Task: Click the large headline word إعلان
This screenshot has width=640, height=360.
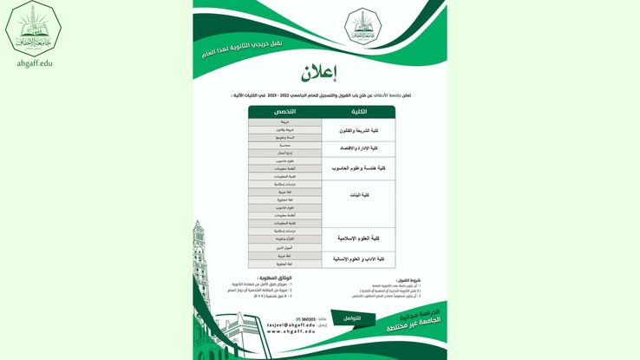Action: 318,72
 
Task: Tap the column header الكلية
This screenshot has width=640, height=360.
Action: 358,112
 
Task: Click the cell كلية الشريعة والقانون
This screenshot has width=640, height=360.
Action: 358,130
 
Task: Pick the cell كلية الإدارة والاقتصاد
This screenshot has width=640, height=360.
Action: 358,148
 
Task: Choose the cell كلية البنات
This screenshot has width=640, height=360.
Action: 358,196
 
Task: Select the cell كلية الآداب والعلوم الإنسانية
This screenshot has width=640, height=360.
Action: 358,259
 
